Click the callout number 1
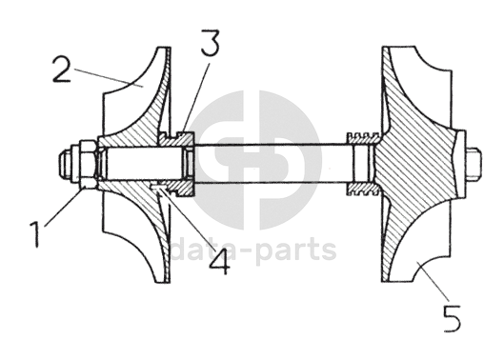click(35, 235)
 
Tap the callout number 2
click(62, 70)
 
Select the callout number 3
click(211, 43)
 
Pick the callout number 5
click(452, 318)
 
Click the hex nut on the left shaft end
click(88, 164)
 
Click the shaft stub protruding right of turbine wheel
click(473, 164)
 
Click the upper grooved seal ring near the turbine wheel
click(364, 137)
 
